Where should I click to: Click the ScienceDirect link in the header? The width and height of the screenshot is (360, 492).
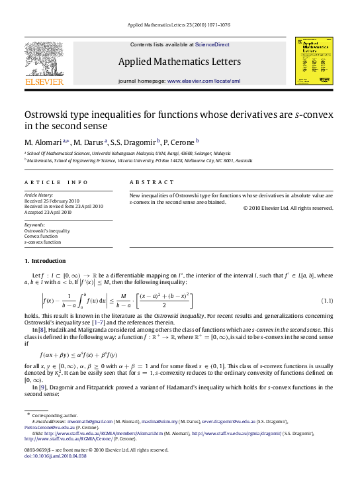click(212, 44)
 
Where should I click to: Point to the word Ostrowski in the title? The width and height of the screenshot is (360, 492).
click(52, 114)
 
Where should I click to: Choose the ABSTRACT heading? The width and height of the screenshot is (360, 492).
click(152, 181)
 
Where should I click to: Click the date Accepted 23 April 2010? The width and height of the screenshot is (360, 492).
click(48, 213)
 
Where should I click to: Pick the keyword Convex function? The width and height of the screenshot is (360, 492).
click(40, 236)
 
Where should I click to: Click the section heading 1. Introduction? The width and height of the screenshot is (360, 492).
click(45, 261)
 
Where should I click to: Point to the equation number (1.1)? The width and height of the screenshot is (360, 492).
click(327, 301)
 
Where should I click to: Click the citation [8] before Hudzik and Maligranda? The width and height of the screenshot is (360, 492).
click(42, 329)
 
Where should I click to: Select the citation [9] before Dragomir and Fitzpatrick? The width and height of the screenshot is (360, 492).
click(42, 387)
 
